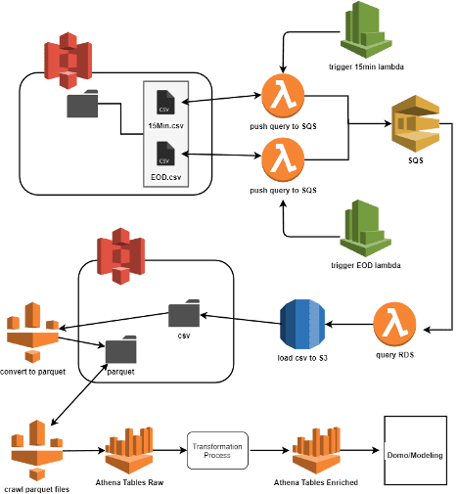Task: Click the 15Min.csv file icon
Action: click(165, 102)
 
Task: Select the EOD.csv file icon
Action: click(165, 154)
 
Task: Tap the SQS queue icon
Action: click(415, 123)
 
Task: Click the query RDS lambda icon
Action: click(394, 324)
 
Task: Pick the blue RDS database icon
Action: click(302, 325)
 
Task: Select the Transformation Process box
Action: click(217, 450)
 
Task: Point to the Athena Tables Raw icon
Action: click(129, 450)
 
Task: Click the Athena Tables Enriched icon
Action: click(316, 450)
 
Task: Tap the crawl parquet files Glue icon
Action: click(37, 450)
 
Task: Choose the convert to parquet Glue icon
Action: click(32, 333)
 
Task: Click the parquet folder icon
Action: click(121, 349)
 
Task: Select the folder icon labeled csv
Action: click(184, 313)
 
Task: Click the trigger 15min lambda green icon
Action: click(366, 30)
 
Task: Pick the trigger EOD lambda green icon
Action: click(365, 228)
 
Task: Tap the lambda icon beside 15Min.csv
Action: click(283, 96)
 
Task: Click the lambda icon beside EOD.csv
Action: click(283, 159)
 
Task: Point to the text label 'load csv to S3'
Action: click(302, 358)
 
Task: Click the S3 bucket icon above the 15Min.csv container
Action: click(69, 61)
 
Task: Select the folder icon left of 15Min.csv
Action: click(82, 104)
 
